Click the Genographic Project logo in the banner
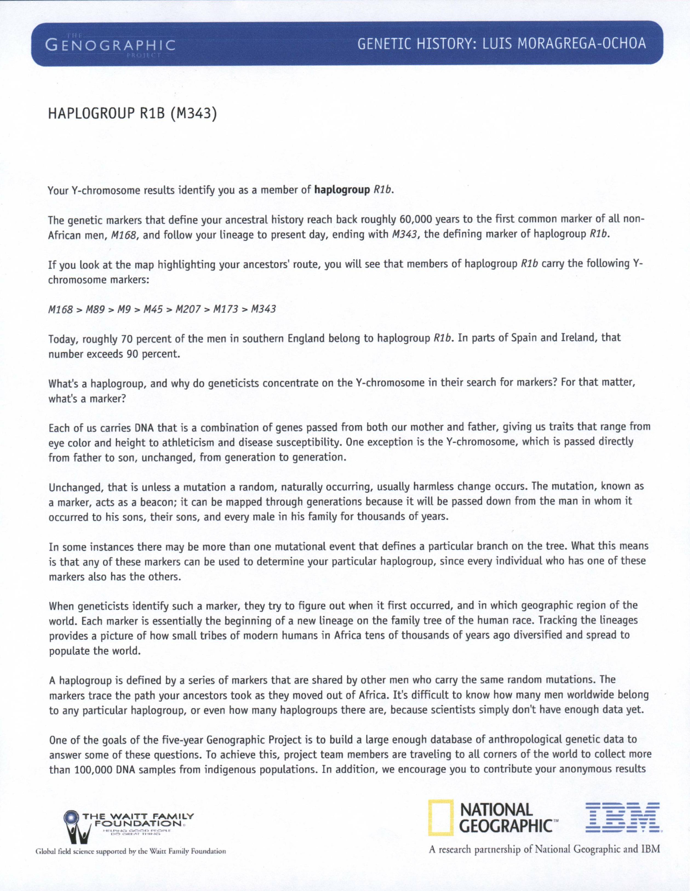110,44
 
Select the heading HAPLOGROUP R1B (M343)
131,114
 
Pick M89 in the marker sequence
95,309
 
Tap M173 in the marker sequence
225,309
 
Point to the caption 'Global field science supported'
131,852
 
